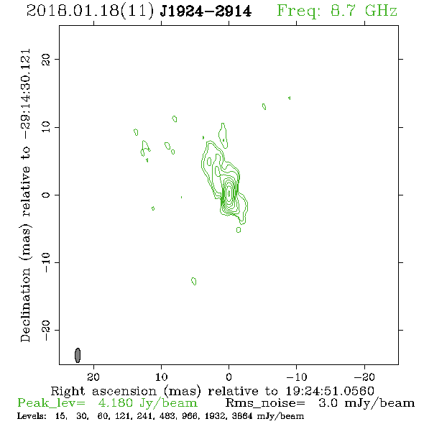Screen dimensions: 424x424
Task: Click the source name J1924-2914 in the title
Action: pos(206,11)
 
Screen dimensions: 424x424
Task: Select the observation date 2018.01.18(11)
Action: pos(91,11)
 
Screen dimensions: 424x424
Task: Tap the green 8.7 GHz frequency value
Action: pos(364,11)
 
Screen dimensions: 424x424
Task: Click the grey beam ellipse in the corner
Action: pos(78,355)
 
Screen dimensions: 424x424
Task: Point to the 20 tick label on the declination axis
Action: pos(46,60)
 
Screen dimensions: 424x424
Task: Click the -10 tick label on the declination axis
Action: pos(46,262)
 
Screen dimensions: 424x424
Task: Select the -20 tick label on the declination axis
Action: pos(46,331)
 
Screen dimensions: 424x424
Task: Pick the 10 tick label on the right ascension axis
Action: pos(162,377)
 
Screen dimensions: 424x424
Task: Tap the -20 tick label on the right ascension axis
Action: pos(364,377)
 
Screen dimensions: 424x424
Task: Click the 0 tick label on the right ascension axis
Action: pos(229,377)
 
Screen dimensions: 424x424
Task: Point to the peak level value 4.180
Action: pos(115,403)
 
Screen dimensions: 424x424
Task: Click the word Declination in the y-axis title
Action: pos(25,305)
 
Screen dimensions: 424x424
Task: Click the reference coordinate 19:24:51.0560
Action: pos(330,391)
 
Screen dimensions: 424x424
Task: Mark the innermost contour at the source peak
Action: pos(229,193)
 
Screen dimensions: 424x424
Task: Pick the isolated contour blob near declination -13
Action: pos(193,281)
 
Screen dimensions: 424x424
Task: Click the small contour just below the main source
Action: pos(239,229)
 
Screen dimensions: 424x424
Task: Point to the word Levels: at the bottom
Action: pos(32,416)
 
